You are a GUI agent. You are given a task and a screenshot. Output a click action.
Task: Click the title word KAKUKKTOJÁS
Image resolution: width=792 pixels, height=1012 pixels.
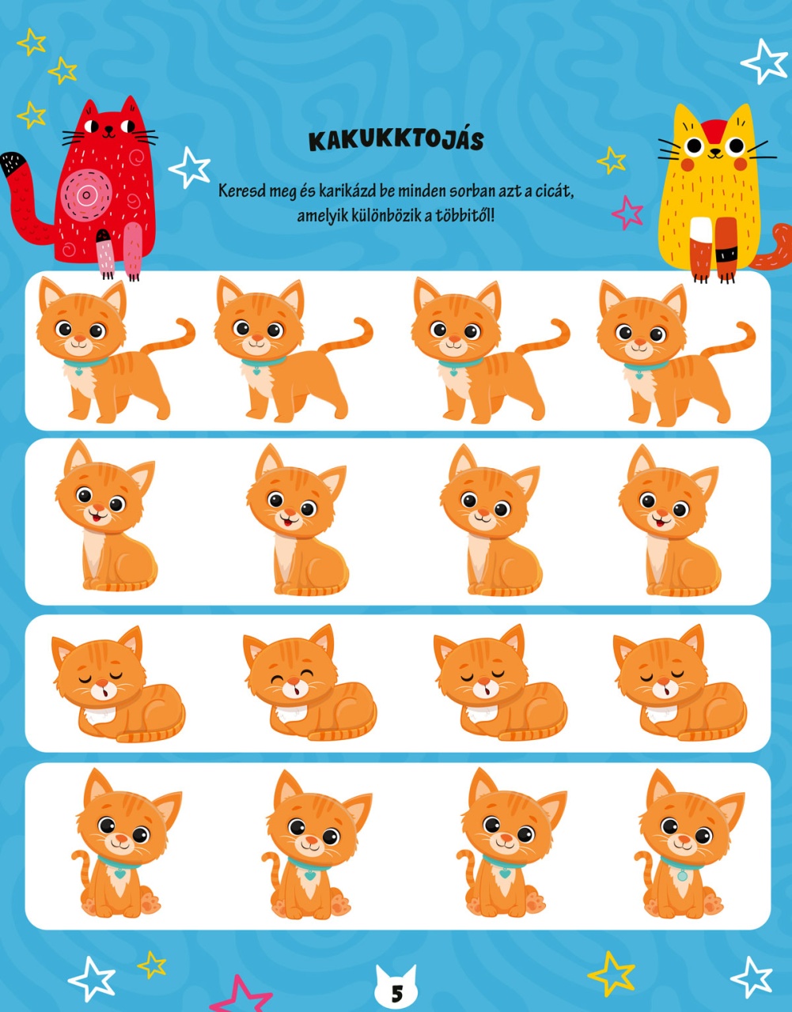click(396, 140)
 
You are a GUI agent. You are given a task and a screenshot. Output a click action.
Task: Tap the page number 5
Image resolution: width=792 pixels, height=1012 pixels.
click(396, 994)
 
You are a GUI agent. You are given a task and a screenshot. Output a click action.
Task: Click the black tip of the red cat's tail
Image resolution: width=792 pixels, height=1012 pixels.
click(12, 164)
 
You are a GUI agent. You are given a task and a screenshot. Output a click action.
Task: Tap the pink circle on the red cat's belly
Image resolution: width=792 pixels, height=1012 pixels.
click(87, 194)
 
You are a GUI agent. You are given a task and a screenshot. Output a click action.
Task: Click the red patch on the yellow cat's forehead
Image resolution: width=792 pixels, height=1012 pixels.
click(714, 130)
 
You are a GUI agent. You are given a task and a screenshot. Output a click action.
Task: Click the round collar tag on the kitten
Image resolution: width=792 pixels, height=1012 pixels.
click(683, 877)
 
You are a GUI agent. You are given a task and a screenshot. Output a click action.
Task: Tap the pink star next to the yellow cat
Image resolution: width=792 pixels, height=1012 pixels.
click(627, 213)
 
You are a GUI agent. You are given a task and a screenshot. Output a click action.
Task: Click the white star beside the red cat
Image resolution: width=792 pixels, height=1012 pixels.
click(190, 167)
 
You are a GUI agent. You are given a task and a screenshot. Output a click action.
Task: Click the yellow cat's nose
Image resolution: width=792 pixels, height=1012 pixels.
click(714, 150)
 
